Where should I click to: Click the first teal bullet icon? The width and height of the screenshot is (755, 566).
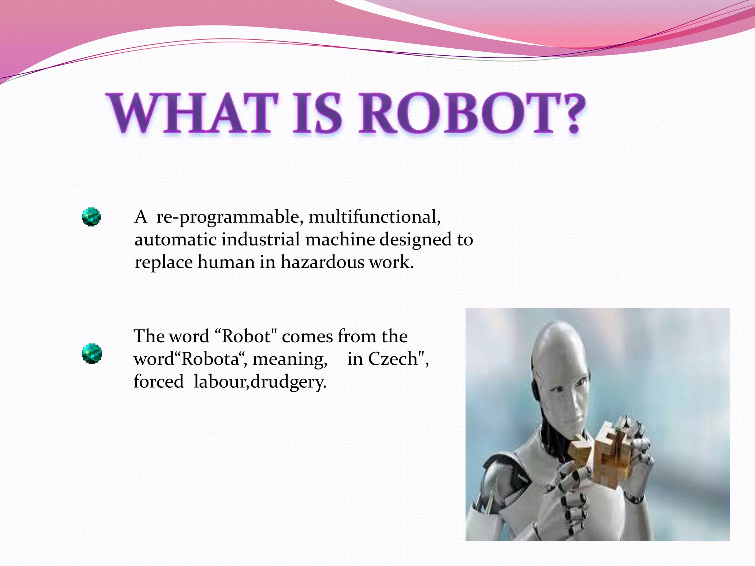tap(91, 217)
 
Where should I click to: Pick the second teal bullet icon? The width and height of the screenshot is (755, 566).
tap(91, 353)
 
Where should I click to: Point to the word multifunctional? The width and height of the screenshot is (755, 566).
tap(375, 217)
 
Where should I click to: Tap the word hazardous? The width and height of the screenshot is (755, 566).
tap(323, 262)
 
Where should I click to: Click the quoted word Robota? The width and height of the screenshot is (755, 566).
tap(211, 359)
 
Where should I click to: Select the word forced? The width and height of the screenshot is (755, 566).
tap(159, 381)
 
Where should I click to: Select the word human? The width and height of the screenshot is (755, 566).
tap(226, 262)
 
